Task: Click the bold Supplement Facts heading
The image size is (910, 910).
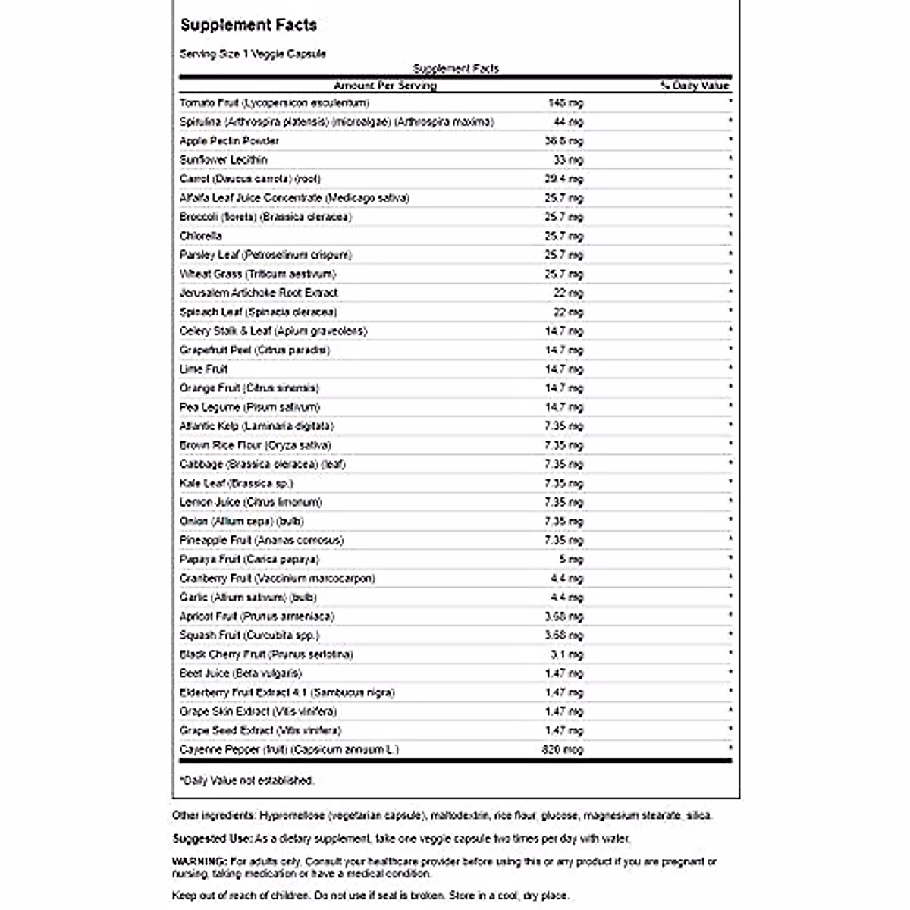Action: pos(249,25)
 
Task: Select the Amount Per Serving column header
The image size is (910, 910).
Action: pos(385,86)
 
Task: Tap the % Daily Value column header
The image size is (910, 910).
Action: pos(694,86)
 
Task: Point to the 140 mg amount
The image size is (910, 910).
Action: pos(565,102)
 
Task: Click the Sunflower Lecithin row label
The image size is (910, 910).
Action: pos(224,159)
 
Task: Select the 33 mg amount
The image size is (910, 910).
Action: pos(569,159)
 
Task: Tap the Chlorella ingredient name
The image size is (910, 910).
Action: pos(201,236)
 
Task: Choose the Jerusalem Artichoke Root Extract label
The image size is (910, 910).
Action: pos(259,293)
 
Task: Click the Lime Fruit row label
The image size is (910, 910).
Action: pos(204,369)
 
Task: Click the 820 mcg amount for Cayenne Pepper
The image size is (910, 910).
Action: pos(562,749)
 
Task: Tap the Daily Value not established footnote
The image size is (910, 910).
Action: pos(246,780)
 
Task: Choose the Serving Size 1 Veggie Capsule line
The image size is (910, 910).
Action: pos(253,54)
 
